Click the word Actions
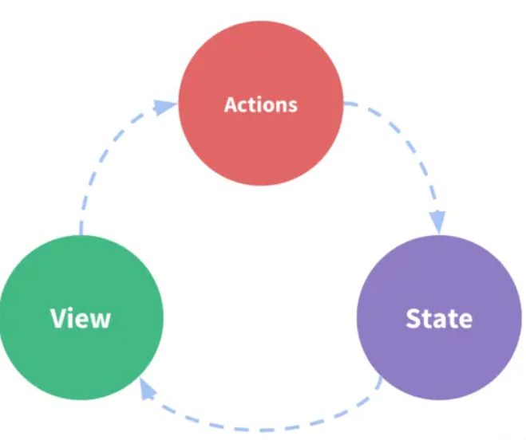260,104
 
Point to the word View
80,318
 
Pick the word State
438,318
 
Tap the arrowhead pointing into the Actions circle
166,106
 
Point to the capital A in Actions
231,104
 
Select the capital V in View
57,318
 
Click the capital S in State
413,318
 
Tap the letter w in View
100,320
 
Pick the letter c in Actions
243,106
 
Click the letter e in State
464,320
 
